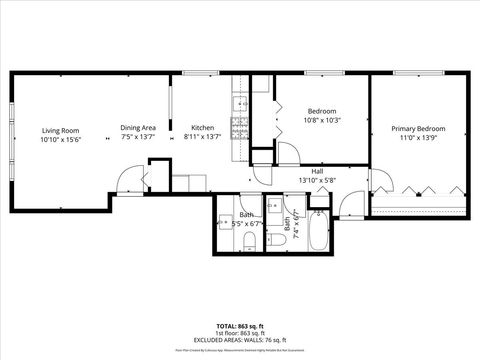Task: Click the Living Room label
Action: (60, 130)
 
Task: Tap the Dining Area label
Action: (138, 127)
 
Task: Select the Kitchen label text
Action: (203, 127)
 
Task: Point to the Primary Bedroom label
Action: (418, 129)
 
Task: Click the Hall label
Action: (317, 172)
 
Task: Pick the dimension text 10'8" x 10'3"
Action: (322, 120)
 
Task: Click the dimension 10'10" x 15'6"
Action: (60, 140)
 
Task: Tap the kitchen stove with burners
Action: (239, 127)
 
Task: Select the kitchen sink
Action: (239, 103)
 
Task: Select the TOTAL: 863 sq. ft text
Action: (239, 327)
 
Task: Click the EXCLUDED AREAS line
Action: (239, 340)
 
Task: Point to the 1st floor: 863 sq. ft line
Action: (239, 334)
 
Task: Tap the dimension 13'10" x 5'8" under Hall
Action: (317, 181)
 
